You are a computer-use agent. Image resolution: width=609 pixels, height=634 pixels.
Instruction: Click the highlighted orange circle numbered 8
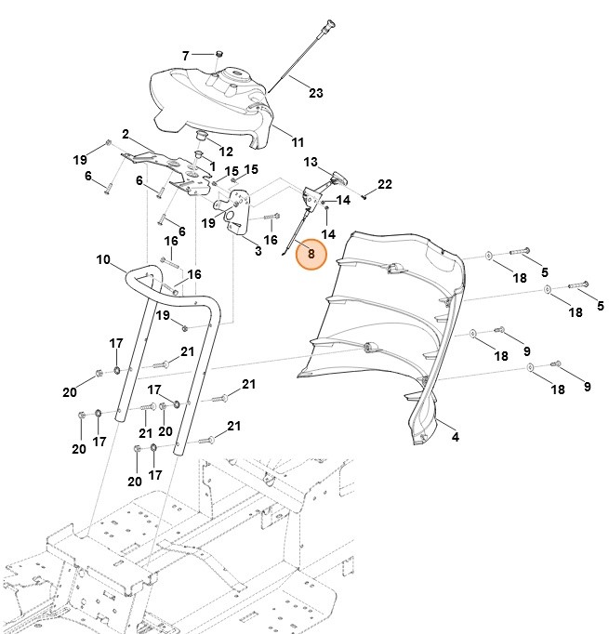coord(311,253)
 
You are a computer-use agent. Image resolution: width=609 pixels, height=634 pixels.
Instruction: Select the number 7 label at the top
coord(185,56)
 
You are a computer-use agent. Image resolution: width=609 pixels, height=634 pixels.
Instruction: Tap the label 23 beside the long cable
coord(316,93)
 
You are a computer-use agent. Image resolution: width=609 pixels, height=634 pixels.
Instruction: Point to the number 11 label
coord(298,142)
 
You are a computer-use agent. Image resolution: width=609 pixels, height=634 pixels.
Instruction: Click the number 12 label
coord(227,151)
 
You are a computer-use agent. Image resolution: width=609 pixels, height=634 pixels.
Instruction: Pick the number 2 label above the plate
coord(125,133)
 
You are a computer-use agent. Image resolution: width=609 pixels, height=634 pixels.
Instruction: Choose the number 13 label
coord(311,162)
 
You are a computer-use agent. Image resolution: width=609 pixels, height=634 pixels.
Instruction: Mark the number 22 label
coord(385,183)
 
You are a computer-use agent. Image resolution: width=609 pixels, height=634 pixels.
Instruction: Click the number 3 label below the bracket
coord(258,252)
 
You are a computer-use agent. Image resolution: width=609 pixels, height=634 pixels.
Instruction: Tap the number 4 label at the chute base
coord(454,436)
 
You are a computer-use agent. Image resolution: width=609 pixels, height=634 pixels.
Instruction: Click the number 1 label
coord(212,165)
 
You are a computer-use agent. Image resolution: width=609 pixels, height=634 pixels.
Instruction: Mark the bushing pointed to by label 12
coord(199,139)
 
